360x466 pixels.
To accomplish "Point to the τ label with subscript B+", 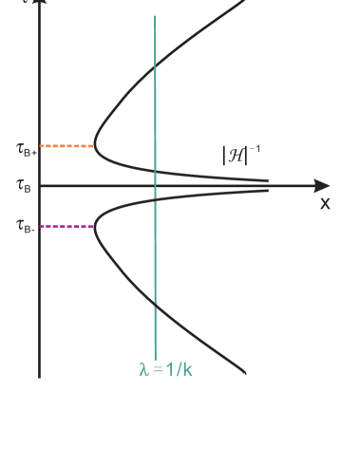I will (x=28, y=149).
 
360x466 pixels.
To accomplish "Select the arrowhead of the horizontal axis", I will (x=324, y=186).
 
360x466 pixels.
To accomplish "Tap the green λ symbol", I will (x=144, y=369).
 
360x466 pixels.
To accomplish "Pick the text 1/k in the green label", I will (x=178, y=369).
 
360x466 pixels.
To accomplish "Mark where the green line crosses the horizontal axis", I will (x=155, y=186).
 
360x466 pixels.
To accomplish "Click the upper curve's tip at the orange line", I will (x=95, y=146).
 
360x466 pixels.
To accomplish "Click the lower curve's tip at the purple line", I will (x=95, y=227).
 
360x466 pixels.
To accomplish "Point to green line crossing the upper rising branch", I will (x=155, y=67).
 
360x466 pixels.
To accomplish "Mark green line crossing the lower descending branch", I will (x=155, y=303).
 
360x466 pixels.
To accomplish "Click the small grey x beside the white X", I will (x=326, y=202).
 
